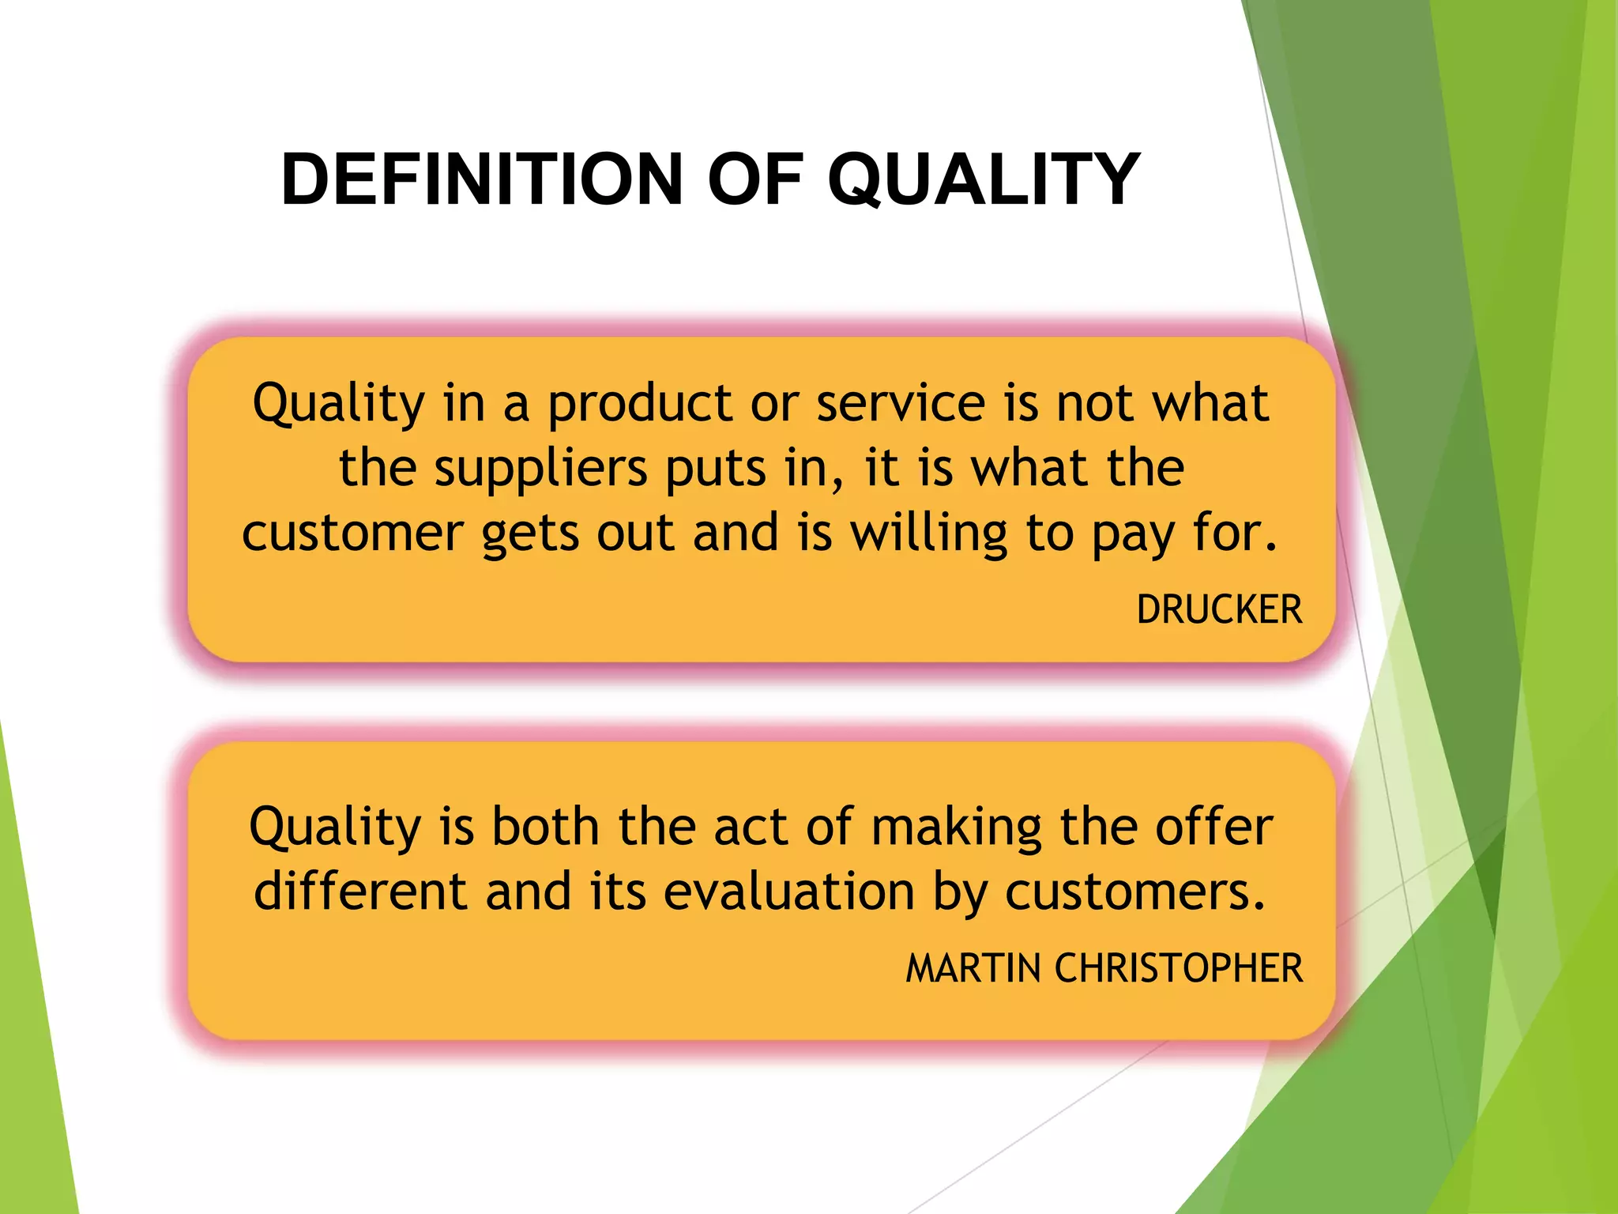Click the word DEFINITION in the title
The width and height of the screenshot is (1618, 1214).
click(481, 179)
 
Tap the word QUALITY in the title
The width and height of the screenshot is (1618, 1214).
click(983, 179)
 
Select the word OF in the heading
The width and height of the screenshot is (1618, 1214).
click(754, 179)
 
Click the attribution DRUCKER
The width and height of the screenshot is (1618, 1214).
click(1218, 609)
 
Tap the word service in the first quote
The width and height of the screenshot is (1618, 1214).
click(901, 403)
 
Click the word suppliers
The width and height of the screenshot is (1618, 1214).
click(540, 469)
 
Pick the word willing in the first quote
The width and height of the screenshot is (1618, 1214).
click(928, 533)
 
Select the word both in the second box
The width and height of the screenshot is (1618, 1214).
click(545, 827)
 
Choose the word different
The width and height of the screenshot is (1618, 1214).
click(360, 892)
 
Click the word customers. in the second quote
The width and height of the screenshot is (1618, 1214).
click(1135, 892)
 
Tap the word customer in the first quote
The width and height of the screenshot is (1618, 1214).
click(352, 533)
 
